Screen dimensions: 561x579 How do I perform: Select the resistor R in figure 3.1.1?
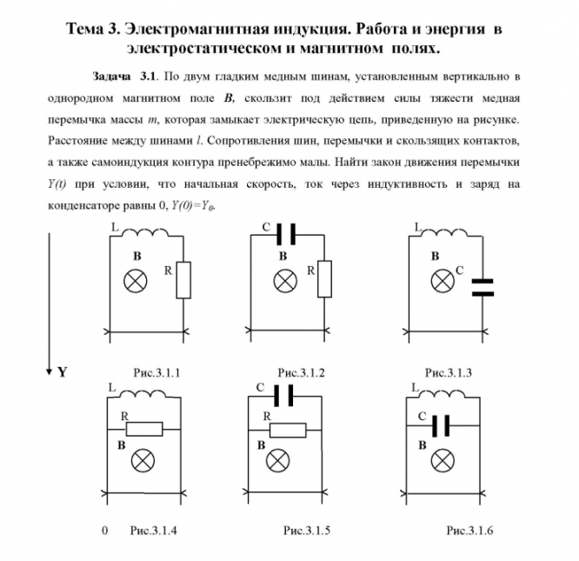tap(183, 280)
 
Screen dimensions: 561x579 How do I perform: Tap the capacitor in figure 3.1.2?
tap(287, 233)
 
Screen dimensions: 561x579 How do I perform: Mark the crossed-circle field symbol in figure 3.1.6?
tap(445, 458)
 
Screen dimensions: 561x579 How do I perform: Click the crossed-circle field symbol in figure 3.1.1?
tap(137, 280)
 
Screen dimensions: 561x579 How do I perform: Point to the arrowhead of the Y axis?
tap(50, 371)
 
